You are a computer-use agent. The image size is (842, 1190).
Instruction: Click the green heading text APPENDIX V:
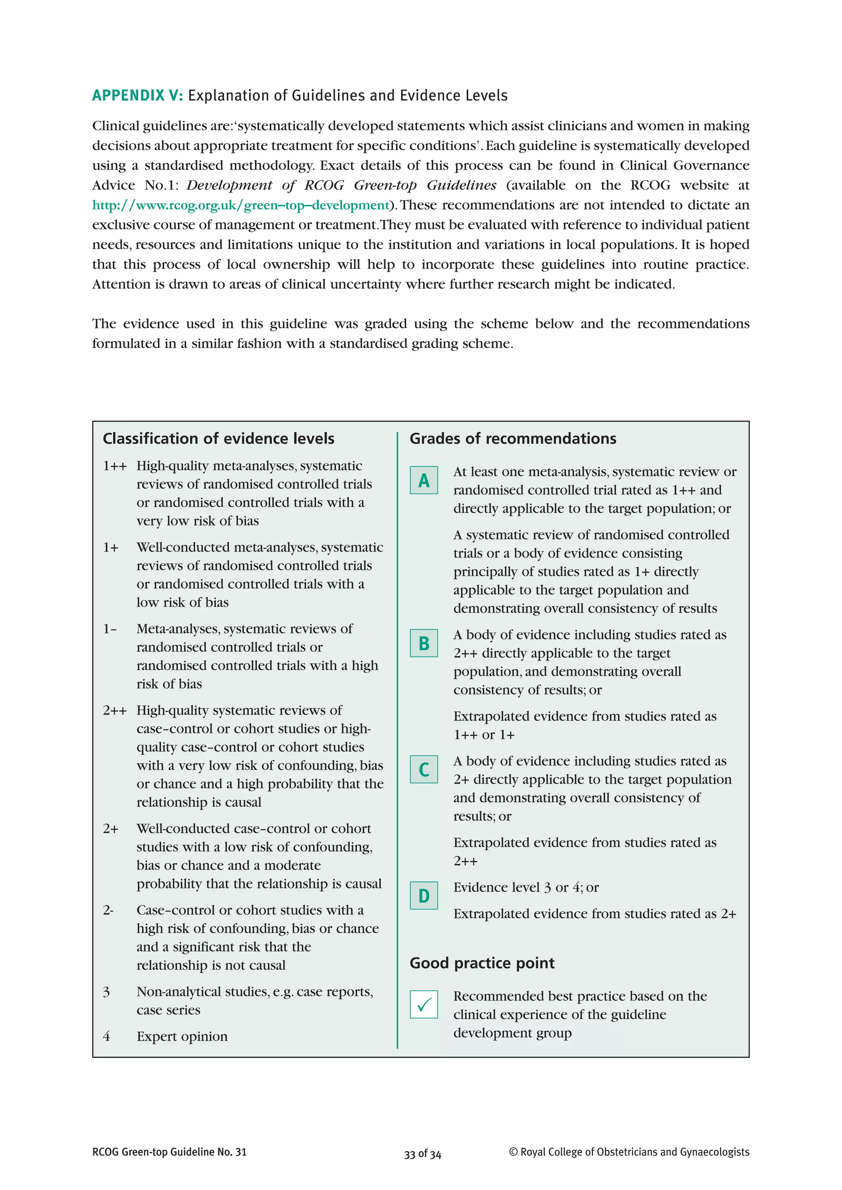pos(137,96)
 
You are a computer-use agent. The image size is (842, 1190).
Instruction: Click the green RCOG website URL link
pos(241,205)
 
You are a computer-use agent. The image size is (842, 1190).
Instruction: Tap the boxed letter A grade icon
pos(423,480)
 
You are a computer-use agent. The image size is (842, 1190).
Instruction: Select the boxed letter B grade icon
pos(423,643)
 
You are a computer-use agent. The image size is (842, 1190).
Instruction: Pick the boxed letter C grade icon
pos(423,770)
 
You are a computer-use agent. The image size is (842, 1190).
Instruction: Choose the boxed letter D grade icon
pos(423,896)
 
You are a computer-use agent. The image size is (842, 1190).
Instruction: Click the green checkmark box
pos(423,1004)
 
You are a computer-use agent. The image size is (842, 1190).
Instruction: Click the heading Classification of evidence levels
pos(218,438)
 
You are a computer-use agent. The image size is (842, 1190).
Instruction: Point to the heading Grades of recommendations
pos(513,438)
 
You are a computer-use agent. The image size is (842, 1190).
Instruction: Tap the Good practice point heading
pos(482,963)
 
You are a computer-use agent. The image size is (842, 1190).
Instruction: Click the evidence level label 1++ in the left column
pos(115,466)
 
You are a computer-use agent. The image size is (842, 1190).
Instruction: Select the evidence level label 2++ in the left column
pos(115,710)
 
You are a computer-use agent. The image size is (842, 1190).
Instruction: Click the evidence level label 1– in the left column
pos(110,629)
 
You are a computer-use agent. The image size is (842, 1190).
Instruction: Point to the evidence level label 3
pos(106,992)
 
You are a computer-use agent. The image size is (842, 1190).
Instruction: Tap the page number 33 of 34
pos(423,1154)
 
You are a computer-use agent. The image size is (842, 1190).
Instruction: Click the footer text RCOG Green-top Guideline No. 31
pos(169,1152)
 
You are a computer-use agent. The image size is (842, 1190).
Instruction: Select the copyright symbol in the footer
pos(513,1152)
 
